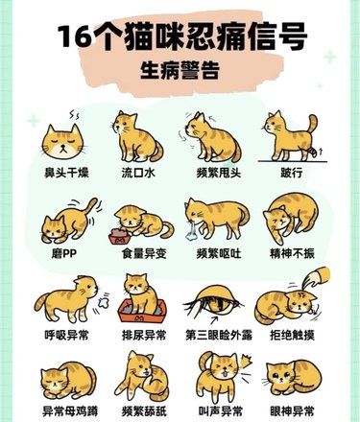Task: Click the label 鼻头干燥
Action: [66, 173]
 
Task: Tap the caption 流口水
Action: [138, 173]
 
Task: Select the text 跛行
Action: [291, 173]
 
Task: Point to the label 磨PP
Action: [64, 254]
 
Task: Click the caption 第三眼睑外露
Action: [219, 335]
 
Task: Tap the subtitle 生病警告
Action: [180, 70]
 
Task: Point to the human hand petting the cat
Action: [317, 277]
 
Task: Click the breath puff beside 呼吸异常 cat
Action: [103, 301]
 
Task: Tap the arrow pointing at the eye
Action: [214, 320]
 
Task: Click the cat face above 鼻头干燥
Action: [62, 141]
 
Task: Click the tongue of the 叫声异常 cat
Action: [224, 373]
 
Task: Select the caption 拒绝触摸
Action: [292, 335]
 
